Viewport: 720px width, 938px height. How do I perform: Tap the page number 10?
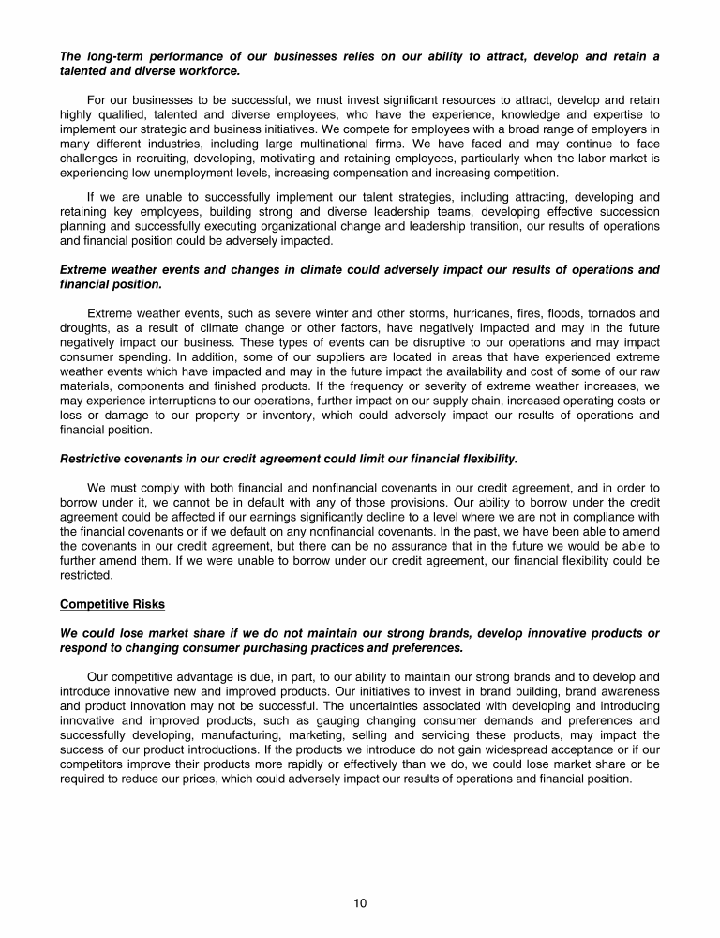tap(360, 903)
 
